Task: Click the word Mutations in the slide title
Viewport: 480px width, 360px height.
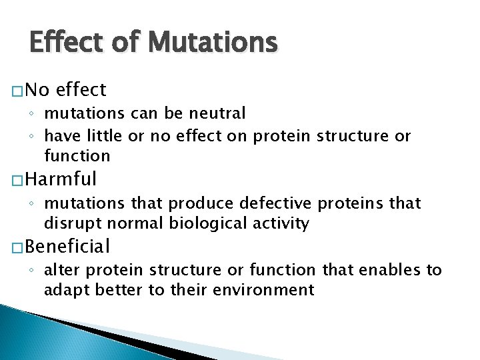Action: [x=213, y=43]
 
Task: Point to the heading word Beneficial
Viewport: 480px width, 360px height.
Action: [x=69, y=247]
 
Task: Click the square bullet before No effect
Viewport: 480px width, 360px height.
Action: [x=18, y=90]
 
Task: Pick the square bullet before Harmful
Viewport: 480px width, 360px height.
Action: [x=18, y=180]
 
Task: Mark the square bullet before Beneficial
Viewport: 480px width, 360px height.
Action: [x=18, y=248]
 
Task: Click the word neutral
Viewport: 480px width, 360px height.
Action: [x=220, y=114]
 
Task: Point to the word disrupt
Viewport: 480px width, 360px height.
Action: [x=69, y=223]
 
